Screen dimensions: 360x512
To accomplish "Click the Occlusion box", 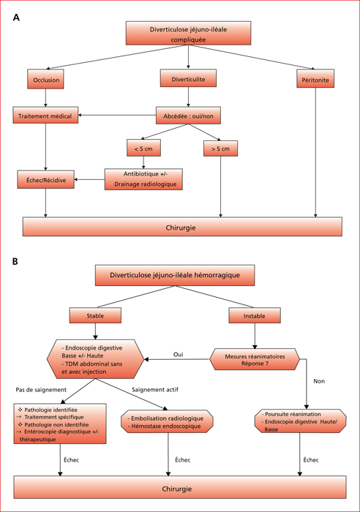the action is coord(45,79).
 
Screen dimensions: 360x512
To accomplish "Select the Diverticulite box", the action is coord(188,78).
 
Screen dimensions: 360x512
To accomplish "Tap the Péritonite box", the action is coord(315,78).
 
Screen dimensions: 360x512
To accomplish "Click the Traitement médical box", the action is coord(45,115).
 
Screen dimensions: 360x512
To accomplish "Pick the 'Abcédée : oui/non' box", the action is coord(188,116).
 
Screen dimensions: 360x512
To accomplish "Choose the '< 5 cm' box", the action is coord(143,148).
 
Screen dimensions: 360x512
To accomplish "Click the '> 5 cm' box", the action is coord(220,148).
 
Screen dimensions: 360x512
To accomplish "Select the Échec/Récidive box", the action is coord(46,179).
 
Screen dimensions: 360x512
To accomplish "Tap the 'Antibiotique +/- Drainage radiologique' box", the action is coord(143,179).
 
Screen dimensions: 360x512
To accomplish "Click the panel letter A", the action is coord(16,18).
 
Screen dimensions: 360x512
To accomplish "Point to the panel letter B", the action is coord(15,261).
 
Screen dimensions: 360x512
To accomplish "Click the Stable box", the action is coord(95,315).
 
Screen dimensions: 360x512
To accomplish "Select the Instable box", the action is coord(255,315).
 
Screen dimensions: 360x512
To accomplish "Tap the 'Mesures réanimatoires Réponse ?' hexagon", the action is coord(255,359).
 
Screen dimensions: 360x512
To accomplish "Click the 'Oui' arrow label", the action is coord(179,354).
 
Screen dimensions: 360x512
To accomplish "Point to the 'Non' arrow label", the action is coord(319,381).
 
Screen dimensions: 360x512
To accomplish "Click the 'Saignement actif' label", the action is coord(155,390).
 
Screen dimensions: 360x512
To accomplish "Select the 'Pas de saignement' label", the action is coord(41,390).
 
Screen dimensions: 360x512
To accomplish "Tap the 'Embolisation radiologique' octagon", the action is coord(168,422).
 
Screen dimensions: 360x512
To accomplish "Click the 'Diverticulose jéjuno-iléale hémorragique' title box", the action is coord(175,275).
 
